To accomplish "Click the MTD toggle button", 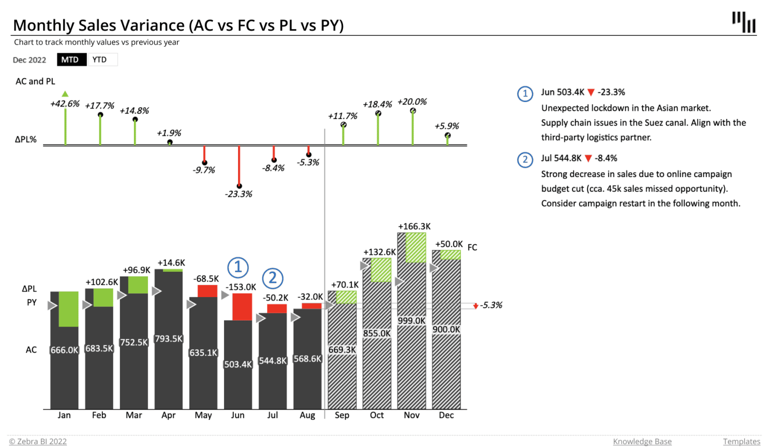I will (x=70, y=59).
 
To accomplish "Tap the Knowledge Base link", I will (x=642, y=441).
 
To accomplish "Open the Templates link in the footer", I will (x=741, y=441).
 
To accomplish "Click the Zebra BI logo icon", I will (x=743, y=22).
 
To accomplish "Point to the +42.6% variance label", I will (x=64, y=103).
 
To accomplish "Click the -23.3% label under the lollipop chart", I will (x=238, y=194).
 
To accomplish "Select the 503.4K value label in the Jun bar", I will (x=238, y=364).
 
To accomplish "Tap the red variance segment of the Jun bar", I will (x=242, y=306).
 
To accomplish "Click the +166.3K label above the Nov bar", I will (x=414, y=226).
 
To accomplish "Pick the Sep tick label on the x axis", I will (x=342, y=415).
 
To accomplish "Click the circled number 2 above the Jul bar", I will (x=272, y=277).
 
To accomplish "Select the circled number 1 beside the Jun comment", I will (x=525, y=93).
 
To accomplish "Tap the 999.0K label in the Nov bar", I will (x=411, y=320).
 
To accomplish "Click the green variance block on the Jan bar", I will (x=68, y=309).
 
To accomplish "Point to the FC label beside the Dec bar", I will (x=472, y=247).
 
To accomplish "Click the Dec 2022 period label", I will (x=29, y=60).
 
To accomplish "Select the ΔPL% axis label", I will (x=26, y=139).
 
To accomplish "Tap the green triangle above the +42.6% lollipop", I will (x=65, y=93).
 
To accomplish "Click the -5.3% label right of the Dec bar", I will (x=491, y=305).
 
